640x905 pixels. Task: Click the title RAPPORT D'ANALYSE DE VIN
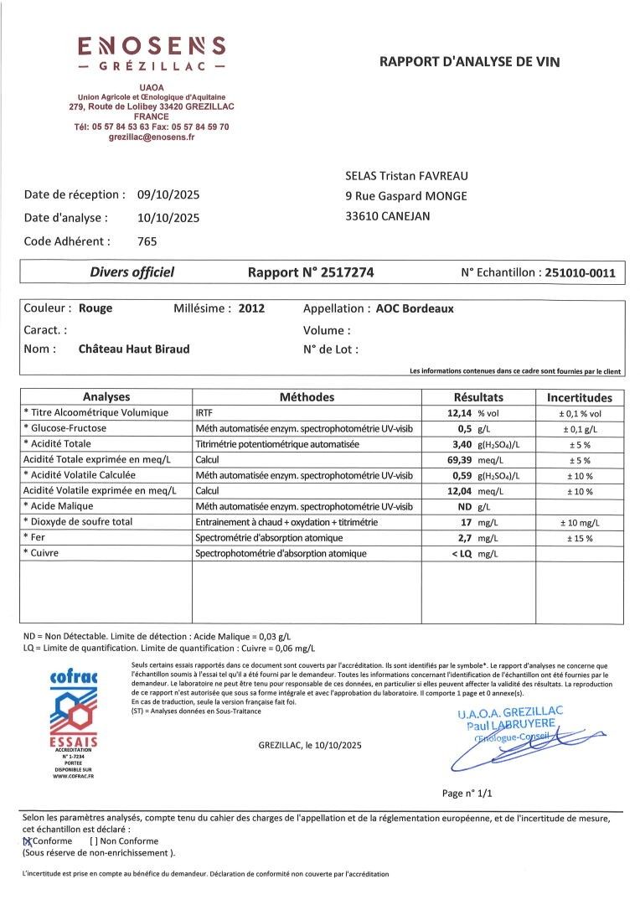(x=469, y=61)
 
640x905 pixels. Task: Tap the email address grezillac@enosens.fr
(x=152, y=137)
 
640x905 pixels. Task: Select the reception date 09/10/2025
(x=168, y=194)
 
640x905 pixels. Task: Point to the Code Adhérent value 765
(x=147, y=241)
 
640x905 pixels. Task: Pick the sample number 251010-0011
(x=580, y=272)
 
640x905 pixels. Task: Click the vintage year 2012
(x=251, y=308)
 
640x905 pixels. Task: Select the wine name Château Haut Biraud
(x=134, y=349)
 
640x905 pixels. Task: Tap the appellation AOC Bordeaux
(x=414, y=308)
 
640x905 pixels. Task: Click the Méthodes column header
(x=307, y=397)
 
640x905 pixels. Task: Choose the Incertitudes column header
(x=580, y=398)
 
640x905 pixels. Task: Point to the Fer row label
(x=36, y=537)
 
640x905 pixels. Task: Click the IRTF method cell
(x=204, y=413)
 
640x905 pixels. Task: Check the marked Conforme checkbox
(x=27, y=840)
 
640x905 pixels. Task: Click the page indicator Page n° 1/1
(x=467, y=793)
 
